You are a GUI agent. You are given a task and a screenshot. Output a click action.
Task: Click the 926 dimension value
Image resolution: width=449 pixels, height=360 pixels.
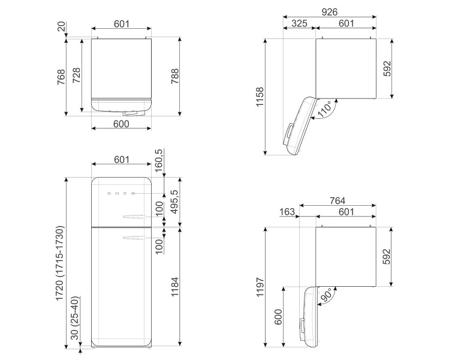pyautogui.click(x=329, y=12)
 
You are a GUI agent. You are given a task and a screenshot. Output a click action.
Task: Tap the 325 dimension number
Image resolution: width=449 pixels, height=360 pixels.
pyautogui.click(x=299, y=23)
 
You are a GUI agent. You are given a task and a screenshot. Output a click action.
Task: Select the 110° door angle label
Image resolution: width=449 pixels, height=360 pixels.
pyautogui.click(x=325, y=109)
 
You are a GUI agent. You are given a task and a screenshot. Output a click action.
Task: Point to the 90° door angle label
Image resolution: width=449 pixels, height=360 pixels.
pyautogui.click(x=327, y=295)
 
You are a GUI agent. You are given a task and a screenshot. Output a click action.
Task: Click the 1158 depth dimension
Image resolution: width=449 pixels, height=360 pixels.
pyautogui.click(x=260, y=97)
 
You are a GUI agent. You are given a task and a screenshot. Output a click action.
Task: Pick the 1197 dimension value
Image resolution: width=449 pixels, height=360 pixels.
pyautogui.click(x=260, y=287)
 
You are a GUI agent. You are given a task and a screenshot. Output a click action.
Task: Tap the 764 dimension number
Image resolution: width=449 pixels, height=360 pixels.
pyautogui.click(x=337, y=200)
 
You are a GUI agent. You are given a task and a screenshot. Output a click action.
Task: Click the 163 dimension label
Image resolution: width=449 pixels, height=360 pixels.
pyautogui.click(x=287, y=212)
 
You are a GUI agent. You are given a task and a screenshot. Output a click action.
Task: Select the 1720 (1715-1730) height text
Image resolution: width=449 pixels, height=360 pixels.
pyautogui.click(x=59, y=263)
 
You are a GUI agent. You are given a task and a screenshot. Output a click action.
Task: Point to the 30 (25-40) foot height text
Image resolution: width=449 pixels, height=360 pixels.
pyautogui.click(x=75, y=318)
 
